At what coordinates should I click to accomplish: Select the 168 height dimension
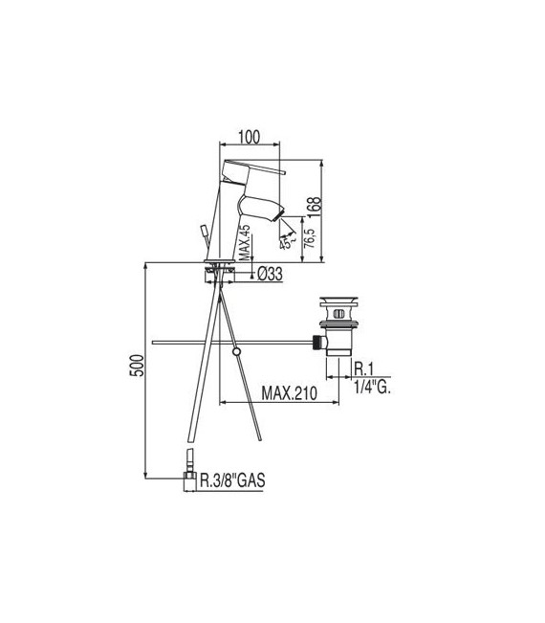tap(327, 208)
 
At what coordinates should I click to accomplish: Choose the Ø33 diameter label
tap(269, 275)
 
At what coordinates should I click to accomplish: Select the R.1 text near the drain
tap(363, 368)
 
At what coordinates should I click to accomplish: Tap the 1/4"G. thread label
tap(372, 388)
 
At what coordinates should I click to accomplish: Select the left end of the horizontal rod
tap(155, 342)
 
